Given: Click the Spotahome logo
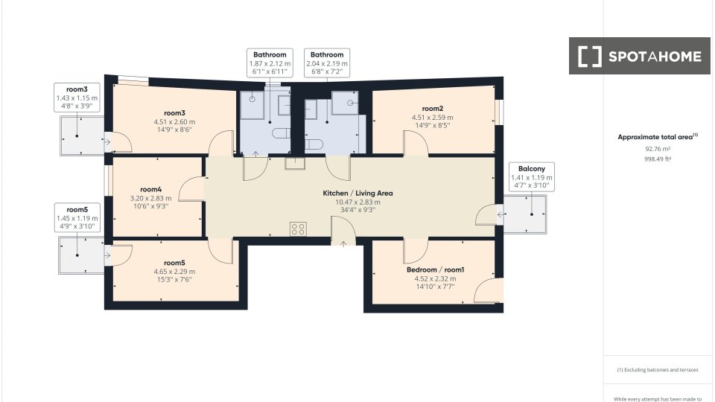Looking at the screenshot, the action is [x=639, y=56].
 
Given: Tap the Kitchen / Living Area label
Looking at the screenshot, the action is [x=357, y=194].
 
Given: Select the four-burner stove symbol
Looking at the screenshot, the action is [x=298, y=229].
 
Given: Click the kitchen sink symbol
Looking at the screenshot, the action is [x=295, y=163].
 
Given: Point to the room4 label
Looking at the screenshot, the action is [x=151, y=189].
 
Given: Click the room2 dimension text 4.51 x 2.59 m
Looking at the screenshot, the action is [x=432, y=118].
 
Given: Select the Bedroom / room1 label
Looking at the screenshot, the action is [x=436, y=269].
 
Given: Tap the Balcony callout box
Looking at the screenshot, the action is [x=532, y=177].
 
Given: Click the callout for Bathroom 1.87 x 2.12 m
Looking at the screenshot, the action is [x=270, y=63].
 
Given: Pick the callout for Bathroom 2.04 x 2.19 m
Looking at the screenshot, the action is [x=327, y=63].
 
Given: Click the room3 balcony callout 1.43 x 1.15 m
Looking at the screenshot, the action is [x=77, y=98].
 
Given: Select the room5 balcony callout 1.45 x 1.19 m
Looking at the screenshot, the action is [x=77, y=218].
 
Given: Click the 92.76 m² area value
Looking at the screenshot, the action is [x=658, y=149].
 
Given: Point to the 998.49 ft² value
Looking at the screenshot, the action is [x=658, y=159].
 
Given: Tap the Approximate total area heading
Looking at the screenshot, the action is [x=658, y=137].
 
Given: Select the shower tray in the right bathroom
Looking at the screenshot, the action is [x=345, y=103].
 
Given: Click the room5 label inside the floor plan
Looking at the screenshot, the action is [x=174, y=263].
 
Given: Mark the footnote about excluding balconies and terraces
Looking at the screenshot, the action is [x=658, y=370].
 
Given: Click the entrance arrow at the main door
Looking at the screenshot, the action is [x=343, y=244].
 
